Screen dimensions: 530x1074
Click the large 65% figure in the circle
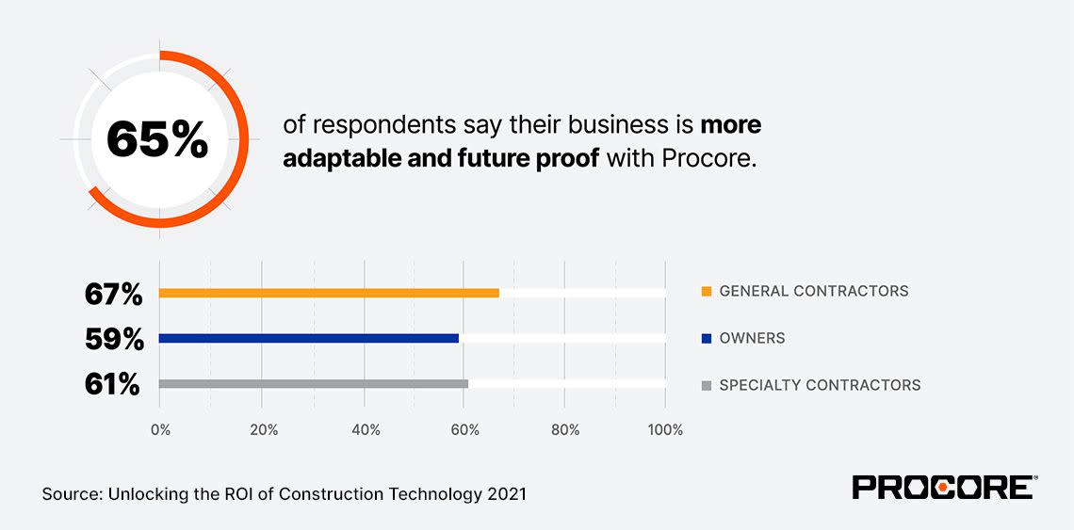tap(156, 139)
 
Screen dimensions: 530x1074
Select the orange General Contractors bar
tap(329, 293)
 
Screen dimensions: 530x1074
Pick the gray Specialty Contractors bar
tap(314, 384)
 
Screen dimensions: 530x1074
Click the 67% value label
tap(113, 294)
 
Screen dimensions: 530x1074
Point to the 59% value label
tap(113, 339)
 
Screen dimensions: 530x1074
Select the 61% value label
tap(113, 384)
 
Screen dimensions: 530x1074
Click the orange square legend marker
tap(707, 291)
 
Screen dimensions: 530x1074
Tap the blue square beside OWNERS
tap(707, 338)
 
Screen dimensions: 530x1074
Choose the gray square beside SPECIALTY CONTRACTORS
tap(707, 385)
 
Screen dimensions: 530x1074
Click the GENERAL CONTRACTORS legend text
tap(814, 291)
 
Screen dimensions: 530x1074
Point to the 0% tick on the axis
tap(160, 430)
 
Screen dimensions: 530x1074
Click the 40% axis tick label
tap(365, 430)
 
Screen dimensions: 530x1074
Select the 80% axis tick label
tap(564, 430)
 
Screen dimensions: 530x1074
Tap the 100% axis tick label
tap(665, 430)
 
